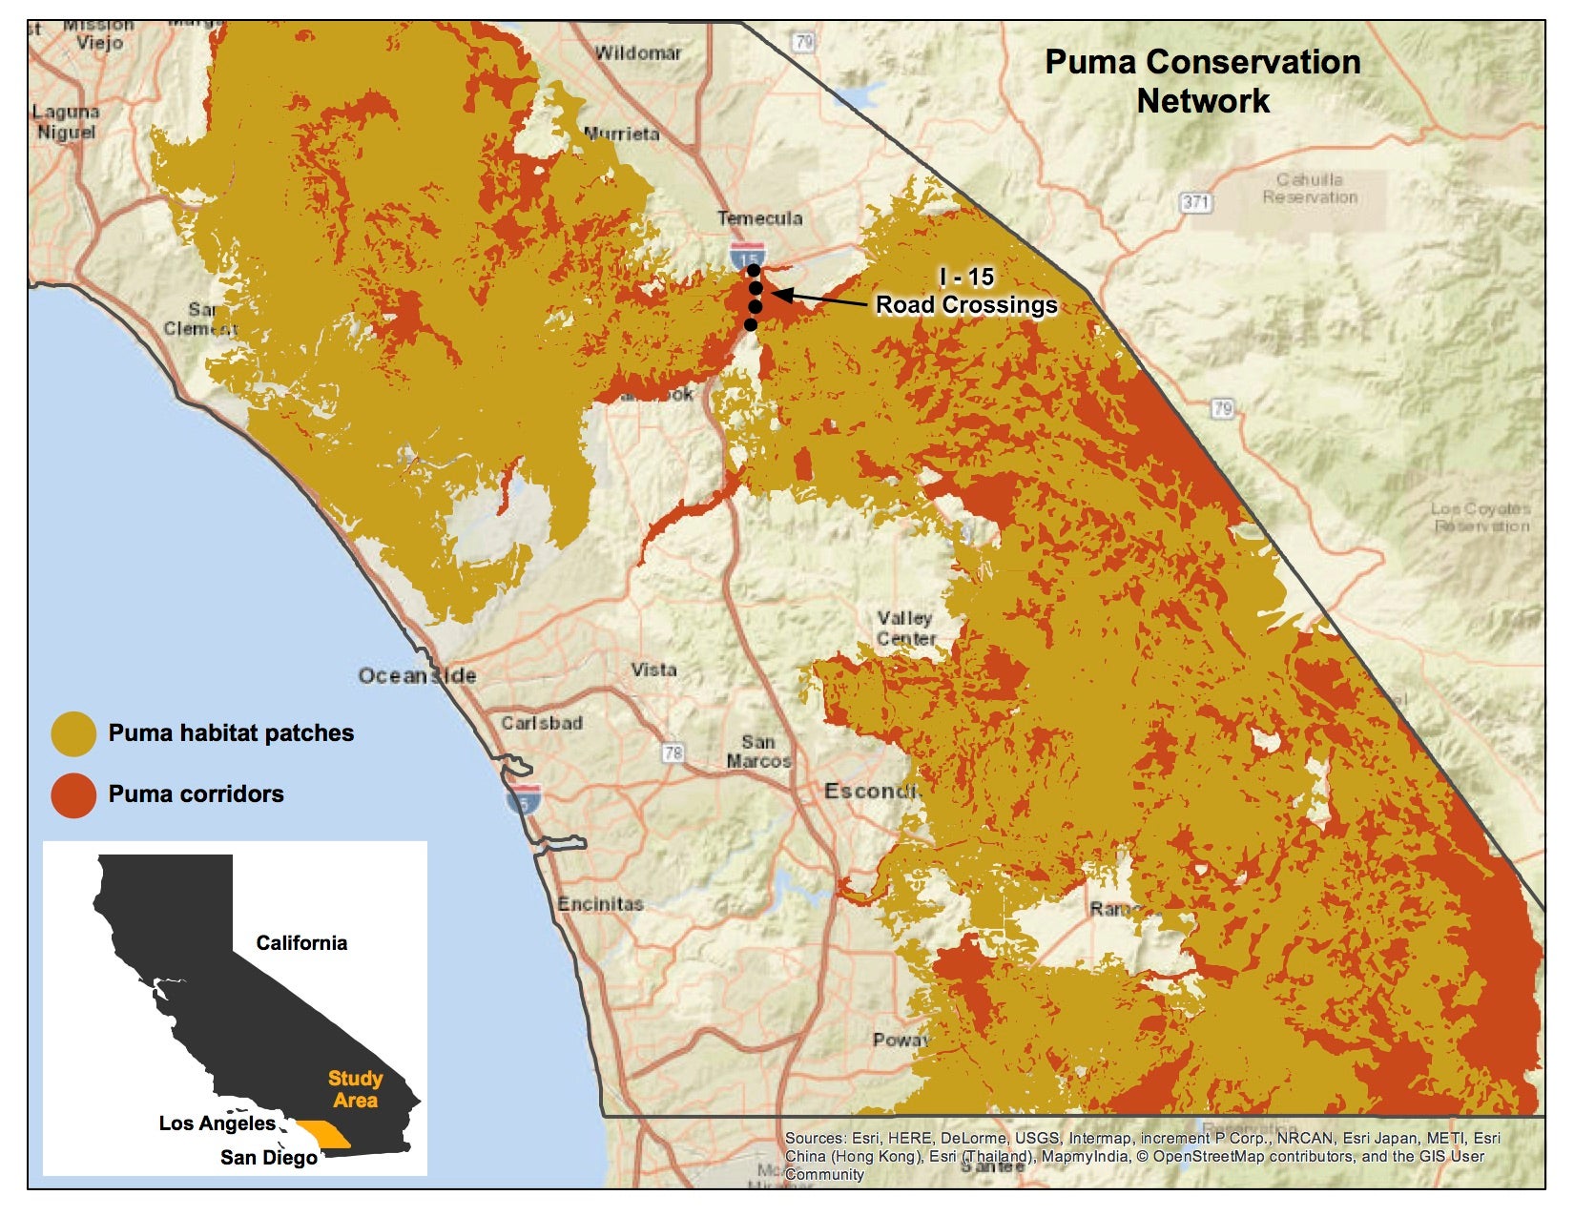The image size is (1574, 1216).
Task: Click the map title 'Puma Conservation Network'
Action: pyautogui.click(x=1203, y=81)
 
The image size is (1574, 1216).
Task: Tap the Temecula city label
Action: pyautogui.click(x=759, y=218)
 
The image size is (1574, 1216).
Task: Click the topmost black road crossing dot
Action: pyautogui.click(x=754, y=271)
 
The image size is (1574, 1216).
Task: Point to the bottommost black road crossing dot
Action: pyautogui.click(x=751, y=325)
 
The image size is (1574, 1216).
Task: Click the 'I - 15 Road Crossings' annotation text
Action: pyautogui.click(x=966, y=292)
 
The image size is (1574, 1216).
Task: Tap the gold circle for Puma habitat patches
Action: pyautogui.click(x=73, y=733)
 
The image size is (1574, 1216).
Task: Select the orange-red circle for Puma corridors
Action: pyautogui.click(x=73, y=794)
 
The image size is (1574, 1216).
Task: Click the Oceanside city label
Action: pyautogui.click(x=417, y=676)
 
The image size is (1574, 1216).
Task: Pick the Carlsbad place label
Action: pyautogui.click(x=542, y=723)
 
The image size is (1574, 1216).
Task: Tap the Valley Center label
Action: pyautogui.click(x=906, y=629)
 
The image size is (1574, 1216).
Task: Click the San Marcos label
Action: pyautogui.click(x=758, y=752)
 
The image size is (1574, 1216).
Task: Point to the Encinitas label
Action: pyautogui.click(x=600, y=903)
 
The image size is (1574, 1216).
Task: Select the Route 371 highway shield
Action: pyautogui.click(x=1196, y=202)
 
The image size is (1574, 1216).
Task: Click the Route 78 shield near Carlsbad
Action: pyautogui.click(x=673, y=753)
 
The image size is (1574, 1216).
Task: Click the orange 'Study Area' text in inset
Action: pyautogui.click(x=355, y=1089)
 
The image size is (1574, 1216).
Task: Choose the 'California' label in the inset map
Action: pyautogui.click(x=301, y=943)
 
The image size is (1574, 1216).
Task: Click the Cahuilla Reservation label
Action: pyautogui.click(x=1310, y=189)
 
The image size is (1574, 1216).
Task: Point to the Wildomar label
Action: pyautogui.click(x=637, y=53)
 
